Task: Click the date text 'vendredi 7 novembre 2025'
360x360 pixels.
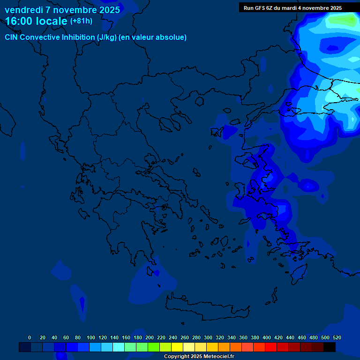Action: (x=62, y=10)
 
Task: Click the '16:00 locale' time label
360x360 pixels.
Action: (x=37, y=22)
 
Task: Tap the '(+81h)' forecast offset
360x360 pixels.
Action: (x=81, y=21)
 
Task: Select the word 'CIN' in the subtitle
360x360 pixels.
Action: (x=11, y=37)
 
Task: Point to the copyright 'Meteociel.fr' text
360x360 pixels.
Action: (x=216, y=357)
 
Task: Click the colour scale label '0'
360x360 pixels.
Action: (x=30, y=338)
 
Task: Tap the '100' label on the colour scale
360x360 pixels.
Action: (x=91, y=338)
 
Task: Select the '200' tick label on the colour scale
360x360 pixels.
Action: (x=150, y=338)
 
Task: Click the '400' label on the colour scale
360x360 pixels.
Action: (x=267, y=338)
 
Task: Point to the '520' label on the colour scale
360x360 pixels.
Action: (x=337, y=338)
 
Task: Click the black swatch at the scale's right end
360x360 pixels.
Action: (x=330, y=347)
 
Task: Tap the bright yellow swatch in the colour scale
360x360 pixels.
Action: (x=177, y=347)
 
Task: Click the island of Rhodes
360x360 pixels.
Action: (x=297, y=274)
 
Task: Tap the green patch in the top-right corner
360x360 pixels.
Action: (x=345, y=20)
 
